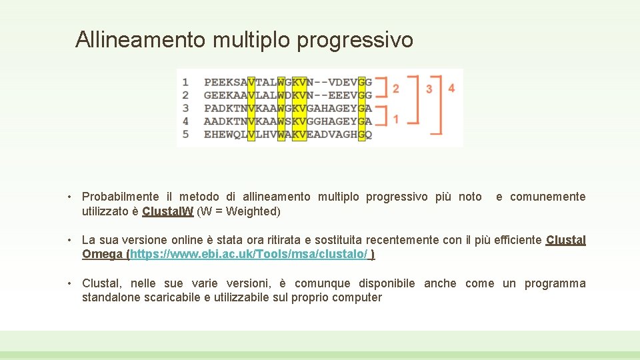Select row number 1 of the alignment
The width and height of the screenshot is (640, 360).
coord(185,82)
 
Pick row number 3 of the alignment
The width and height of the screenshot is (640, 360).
coord(185,108)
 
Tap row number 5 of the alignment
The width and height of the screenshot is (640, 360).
coord(185,134)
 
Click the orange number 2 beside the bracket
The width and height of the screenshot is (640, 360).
coord(396,89)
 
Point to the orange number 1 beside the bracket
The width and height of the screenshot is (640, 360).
coord(396,119)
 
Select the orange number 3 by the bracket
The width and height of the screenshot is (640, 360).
coord(429,89)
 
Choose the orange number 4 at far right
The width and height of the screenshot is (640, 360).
coord(451,88)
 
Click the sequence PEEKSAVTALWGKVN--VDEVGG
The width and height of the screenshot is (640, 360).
coord(287,82)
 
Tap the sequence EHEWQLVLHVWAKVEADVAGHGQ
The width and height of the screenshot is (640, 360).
coord(287,134)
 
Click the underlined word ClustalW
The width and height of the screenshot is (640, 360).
coord(168,211)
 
